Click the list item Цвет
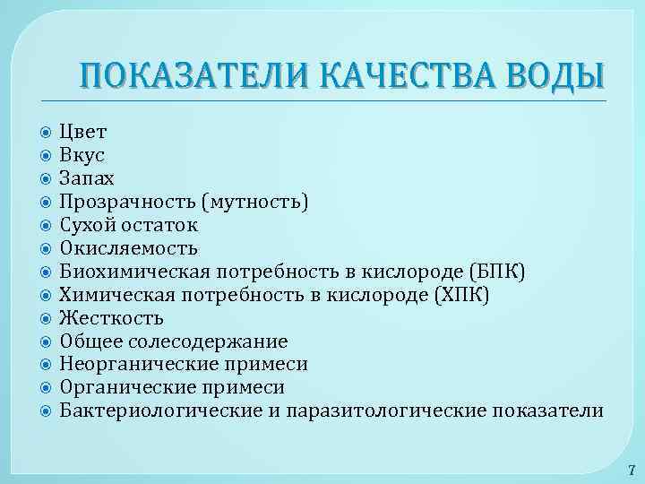[x=82, y=131]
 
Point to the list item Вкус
[x=82, y=154]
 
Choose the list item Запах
[x=86, y=177]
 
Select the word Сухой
[x=87, y=224]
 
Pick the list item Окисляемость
[x=129, y=247]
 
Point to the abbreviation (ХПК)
[x=460, y=294]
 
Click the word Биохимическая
[x=134, y=271]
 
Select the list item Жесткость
[x=111, y=317]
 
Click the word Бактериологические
[x=155, y=411]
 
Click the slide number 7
[x=631, y=469]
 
